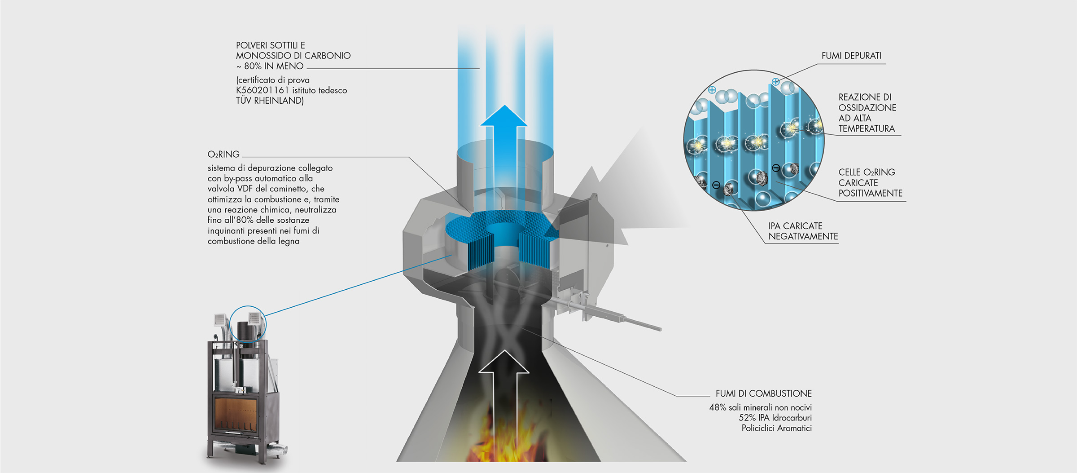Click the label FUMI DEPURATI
tap(851, 56)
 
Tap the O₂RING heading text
tap(223, 155)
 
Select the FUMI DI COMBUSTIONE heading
tap(763, 393)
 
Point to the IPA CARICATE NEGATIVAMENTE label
tap(802, 231)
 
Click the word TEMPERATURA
tap(866, 128)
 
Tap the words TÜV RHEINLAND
tap(270, 101)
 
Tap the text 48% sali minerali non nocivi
tap(760, 407)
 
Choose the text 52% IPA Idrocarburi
tap(775, 418)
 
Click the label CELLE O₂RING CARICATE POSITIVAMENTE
tap(870, 183)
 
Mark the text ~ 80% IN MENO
tap(270, 66)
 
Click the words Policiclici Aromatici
tap(776, 428)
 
